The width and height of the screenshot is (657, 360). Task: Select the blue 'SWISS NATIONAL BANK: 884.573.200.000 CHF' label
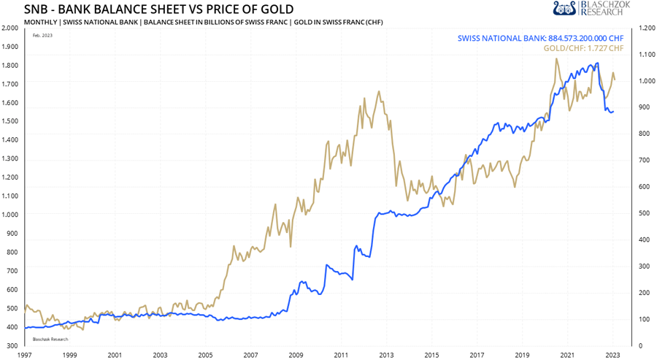click(540, 38)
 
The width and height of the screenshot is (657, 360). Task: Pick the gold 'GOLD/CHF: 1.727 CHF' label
click(583, 48)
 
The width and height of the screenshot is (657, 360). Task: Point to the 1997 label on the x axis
click(24, 354)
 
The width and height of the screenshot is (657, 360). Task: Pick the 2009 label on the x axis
click(295, 354)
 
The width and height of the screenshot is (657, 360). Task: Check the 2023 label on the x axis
click(611, 354)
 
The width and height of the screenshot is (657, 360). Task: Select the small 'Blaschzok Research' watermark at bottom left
click(50, 339)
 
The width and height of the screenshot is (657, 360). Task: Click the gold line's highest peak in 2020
click(557, 59)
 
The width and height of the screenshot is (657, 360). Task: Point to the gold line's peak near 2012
click(378, 92)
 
